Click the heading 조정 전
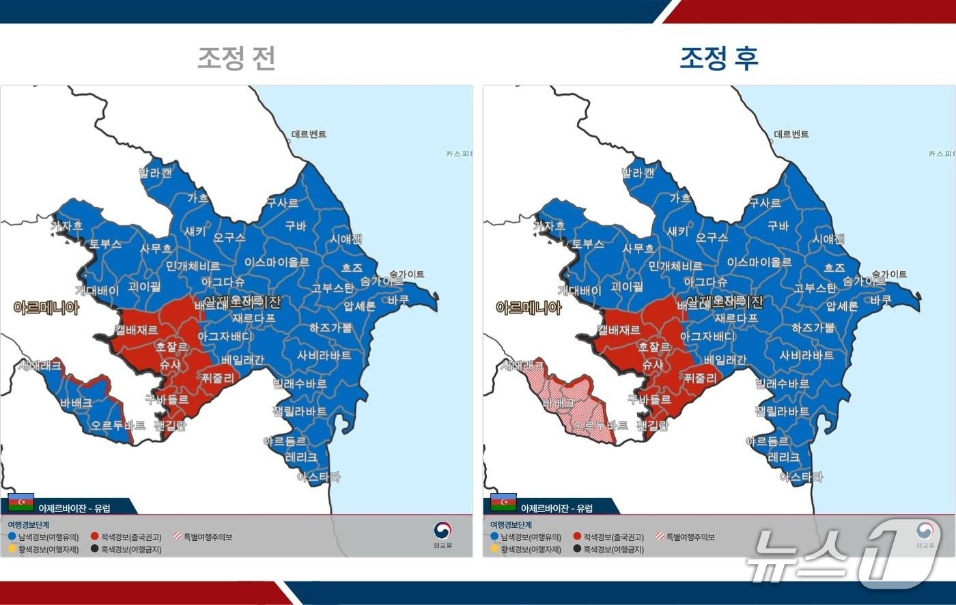pyautogui.click(x=236, y=58)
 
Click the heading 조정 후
pyautogui.click(x=718, y=58)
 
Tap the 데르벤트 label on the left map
pyautogui.click(x=309, y=134)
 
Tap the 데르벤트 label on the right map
pyautogui.click(x=791, y=134)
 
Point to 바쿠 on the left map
pyautogui.click(x=398, y=299)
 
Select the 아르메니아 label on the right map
pyautogui.click(x=529, y=308)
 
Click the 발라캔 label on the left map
pyautogui.click(x=156, y=173)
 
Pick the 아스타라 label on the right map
pyautogui.click(x=801, y=477)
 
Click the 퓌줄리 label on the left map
pyautogui.click(x=218, y=378)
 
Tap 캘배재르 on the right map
pyautogui.click(x=619, y=330)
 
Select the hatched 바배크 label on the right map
pyautogui.click(x=558, y=403)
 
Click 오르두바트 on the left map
pyautogui.click(x=118, y=425)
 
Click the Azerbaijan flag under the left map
pyautogui.click(x=21, y=503)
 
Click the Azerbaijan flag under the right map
pyautogui.click(x=503, y=503)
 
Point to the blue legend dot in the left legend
pyautogui.click(x=12, y=537)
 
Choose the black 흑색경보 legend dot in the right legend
pyautogui.click(x=577, y=549)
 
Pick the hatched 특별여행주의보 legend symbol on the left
pyautogui.click(x=178, y=537)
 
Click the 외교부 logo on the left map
pyautogui.click(x=442, y=534)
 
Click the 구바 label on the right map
pyautogui.click(x=778, y=226)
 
